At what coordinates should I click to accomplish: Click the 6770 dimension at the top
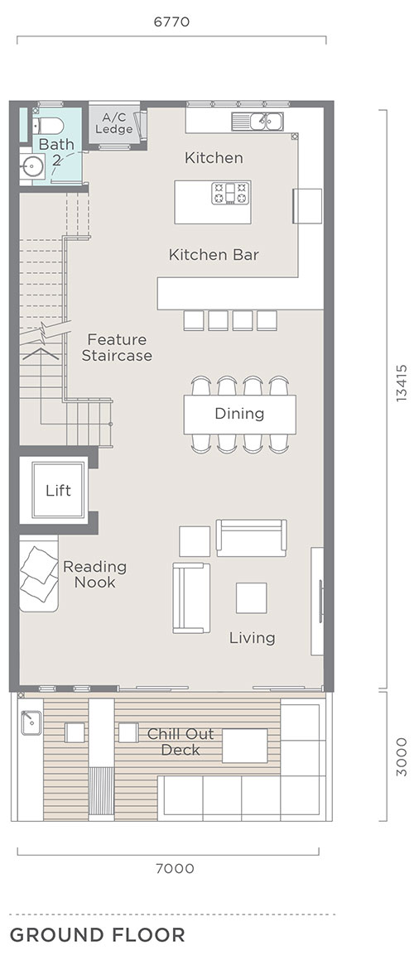(171, 22)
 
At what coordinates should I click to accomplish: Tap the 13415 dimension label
(401, 382)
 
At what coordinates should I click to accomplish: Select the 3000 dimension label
(401, 756)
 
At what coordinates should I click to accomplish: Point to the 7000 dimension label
(175, 868)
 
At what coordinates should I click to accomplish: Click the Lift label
(59, 490)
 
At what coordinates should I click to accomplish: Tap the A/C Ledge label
(114, 123)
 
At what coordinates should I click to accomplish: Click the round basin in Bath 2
(31, 165)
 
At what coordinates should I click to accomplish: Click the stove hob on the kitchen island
(231, 193)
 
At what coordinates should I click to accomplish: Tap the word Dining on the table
(239, 414)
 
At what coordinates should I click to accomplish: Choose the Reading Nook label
(94, 574)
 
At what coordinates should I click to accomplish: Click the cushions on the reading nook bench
(39, 573)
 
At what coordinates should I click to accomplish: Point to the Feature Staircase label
(117, 348)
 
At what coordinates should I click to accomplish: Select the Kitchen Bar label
(214, 255)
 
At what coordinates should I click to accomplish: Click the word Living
(253, 638)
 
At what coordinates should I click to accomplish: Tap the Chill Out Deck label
(181, 741)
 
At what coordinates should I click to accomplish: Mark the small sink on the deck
(31, 722)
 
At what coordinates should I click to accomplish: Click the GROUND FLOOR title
(98, 935)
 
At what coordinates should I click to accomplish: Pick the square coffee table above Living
(252, 598)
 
